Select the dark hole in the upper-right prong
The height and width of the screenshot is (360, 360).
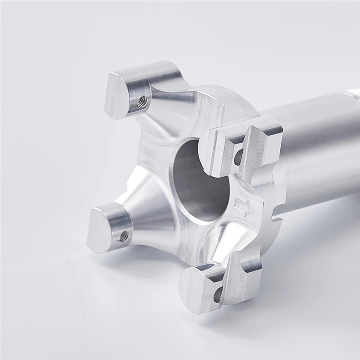pyautogui.click(x=238, y=156)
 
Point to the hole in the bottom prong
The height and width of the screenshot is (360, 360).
pyautogui.click(x=218, y=295)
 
